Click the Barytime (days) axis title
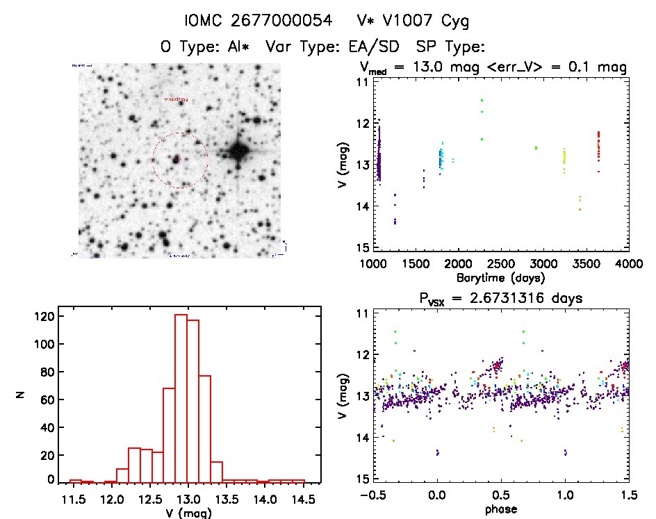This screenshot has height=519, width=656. tap(501, 278)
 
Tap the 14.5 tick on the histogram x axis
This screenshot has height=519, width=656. tap(304, 498)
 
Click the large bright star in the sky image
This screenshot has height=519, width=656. tap(238, 151)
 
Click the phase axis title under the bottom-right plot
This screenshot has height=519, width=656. tap(501, 511)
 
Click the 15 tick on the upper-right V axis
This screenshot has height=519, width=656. tap(361, 248)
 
